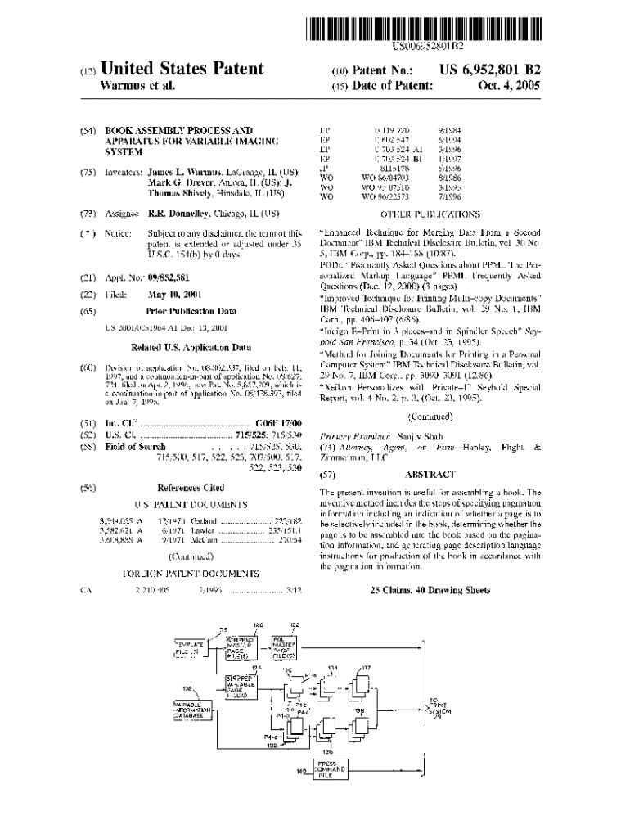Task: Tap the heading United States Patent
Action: tap(182, 70)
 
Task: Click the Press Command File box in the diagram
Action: tap(332, 771)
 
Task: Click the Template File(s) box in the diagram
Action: tap(191, 647)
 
